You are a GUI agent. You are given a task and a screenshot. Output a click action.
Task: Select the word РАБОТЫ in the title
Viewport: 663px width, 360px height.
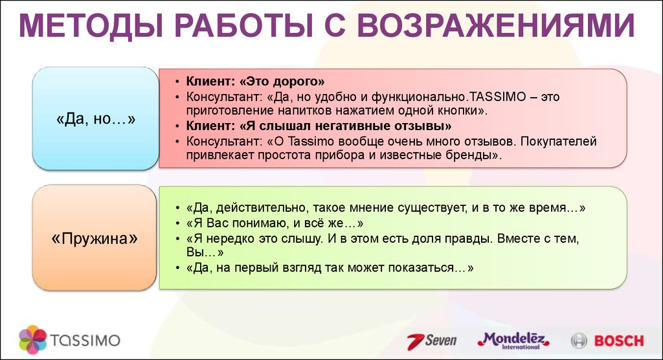pyautogui.click(x=244, y=27)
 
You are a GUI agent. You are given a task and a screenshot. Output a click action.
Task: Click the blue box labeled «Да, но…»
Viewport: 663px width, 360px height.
pyautogui.click(x=96, y=119)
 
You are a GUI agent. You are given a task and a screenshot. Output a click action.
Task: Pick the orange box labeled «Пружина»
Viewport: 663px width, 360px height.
pyautogui.click(x=95, y=238)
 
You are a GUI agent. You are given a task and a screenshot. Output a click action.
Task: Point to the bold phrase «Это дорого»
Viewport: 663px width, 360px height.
pyautogui.click(x=282, y=81)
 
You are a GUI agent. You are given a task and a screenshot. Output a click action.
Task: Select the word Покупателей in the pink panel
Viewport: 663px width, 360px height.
pyautogui.click(x=559, y=141)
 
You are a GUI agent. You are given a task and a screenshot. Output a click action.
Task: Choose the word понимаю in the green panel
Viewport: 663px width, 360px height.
pyautogui.click(x=259, y=223)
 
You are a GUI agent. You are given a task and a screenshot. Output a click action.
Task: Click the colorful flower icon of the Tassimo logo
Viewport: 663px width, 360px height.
pyautogui.click(x=32, y=340)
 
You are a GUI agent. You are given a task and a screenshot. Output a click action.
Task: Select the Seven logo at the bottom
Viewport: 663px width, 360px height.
pyautogui.click(x=432, y=341)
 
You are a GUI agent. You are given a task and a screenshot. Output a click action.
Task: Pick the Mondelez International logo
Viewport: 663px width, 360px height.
pyautogui.click(x=513, y=340)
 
